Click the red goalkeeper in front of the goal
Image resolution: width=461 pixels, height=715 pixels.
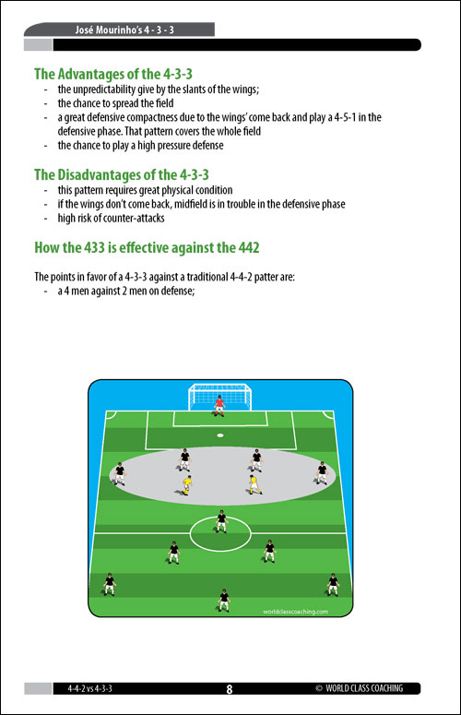point(219,405)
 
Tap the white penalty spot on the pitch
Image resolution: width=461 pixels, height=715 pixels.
point(220,435)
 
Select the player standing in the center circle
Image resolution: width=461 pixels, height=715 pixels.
point(221,521)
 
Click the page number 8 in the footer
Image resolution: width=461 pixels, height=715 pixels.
point(230,689)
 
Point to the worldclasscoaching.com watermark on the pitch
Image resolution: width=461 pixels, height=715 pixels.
point(296,612)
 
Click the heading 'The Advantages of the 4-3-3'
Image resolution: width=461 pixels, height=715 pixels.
point(113,74)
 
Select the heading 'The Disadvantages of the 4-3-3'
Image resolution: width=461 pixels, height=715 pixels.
point(122,174)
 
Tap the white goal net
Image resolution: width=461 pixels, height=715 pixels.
point(220,397)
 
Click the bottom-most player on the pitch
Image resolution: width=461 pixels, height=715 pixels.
point(224,600)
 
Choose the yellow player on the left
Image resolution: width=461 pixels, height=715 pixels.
point(186,484)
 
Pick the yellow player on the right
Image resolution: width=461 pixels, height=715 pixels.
point(254,484)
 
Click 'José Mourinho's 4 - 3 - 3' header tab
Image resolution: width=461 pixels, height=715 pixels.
point(124,30)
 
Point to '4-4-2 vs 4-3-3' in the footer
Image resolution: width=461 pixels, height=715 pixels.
point(89,688)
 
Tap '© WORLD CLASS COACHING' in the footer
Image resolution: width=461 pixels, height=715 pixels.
point(360,688)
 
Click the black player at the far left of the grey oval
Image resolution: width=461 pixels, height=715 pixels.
point(119,474)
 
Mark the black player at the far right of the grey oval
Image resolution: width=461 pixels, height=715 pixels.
point(322,473)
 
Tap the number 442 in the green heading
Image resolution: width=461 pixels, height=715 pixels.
point(249,247)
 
